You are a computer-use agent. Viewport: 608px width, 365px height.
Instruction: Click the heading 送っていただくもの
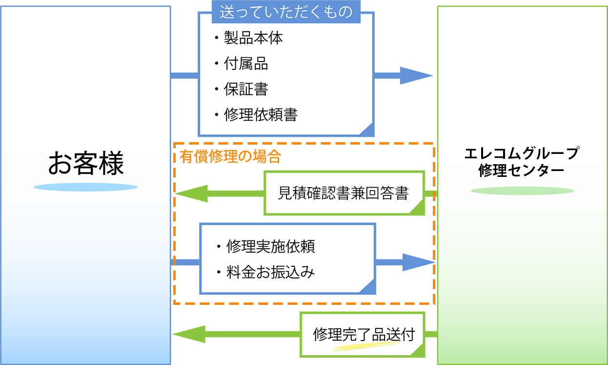pyautogui.click(x=286, y=12)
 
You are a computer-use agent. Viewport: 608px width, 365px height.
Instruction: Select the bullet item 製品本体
pyautogui.click(x=253, y=38)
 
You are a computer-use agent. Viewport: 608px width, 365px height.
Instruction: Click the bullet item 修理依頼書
pyautogui.click(x=260, y=115)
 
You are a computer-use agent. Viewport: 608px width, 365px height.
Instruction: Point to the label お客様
pyautogui.click(x=86, y=163)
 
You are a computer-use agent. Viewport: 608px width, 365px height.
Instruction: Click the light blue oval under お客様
pyautogui.click(x=85, y=187)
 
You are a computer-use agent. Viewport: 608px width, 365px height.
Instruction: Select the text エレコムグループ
pyautogui.click(x=522, y=153)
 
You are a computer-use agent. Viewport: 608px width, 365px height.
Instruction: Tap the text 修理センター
pyautogui.click(x=522, y=171)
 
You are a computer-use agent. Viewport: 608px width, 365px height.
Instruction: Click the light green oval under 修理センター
pyautogui.click(x=522, y=191)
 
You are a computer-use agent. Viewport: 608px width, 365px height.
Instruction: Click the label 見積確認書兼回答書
pyautogui.click(x=343, y=193)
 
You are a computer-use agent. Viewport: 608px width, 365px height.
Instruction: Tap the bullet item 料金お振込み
pyautogui.click(x=270, y=272)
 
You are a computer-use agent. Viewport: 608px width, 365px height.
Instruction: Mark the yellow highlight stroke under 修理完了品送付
pyautogui.click(x=364, y=346)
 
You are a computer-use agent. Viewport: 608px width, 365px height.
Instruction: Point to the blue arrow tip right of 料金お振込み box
pyautogui.click(x=431, y=262)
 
